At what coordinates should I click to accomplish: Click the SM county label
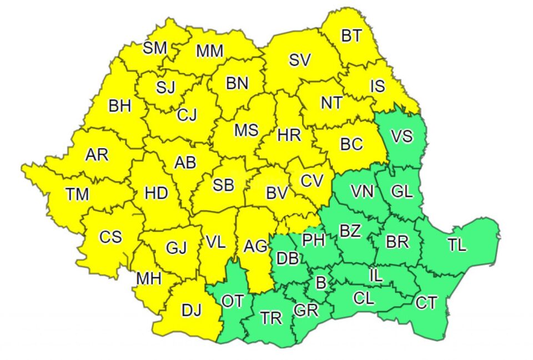[x=155, y=48]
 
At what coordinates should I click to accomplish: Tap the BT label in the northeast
[x=351, y=37]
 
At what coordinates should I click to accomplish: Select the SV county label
[x=299, y=60]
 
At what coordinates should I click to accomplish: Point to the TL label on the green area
[x=457, y=245]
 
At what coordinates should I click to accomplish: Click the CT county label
[x=426, y=303]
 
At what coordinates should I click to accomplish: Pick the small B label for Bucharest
[x=320, y=283]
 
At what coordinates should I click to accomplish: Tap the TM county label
[x=77, y=194]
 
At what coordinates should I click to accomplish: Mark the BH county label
[x=119, y=105]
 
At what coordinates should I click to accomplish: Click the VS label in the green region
[x=402, y=136]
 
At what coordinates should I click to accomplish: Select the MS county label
[x=246, y=130]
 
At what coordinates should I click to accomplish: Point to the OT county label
[x=232, y=301]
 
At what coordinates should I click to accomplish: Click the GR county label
[x=306, y=310]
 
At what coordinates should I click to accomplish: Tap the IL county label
[x=376, y=275]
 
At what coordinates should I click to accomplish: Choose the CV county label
[x=312, y=181]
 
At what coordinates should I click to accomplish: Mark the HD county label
[x=156, y=194]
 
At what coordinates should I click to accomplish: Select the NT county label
[x=331, y=103]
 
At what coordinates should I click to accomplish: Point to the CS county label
[x=110, y=237]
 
